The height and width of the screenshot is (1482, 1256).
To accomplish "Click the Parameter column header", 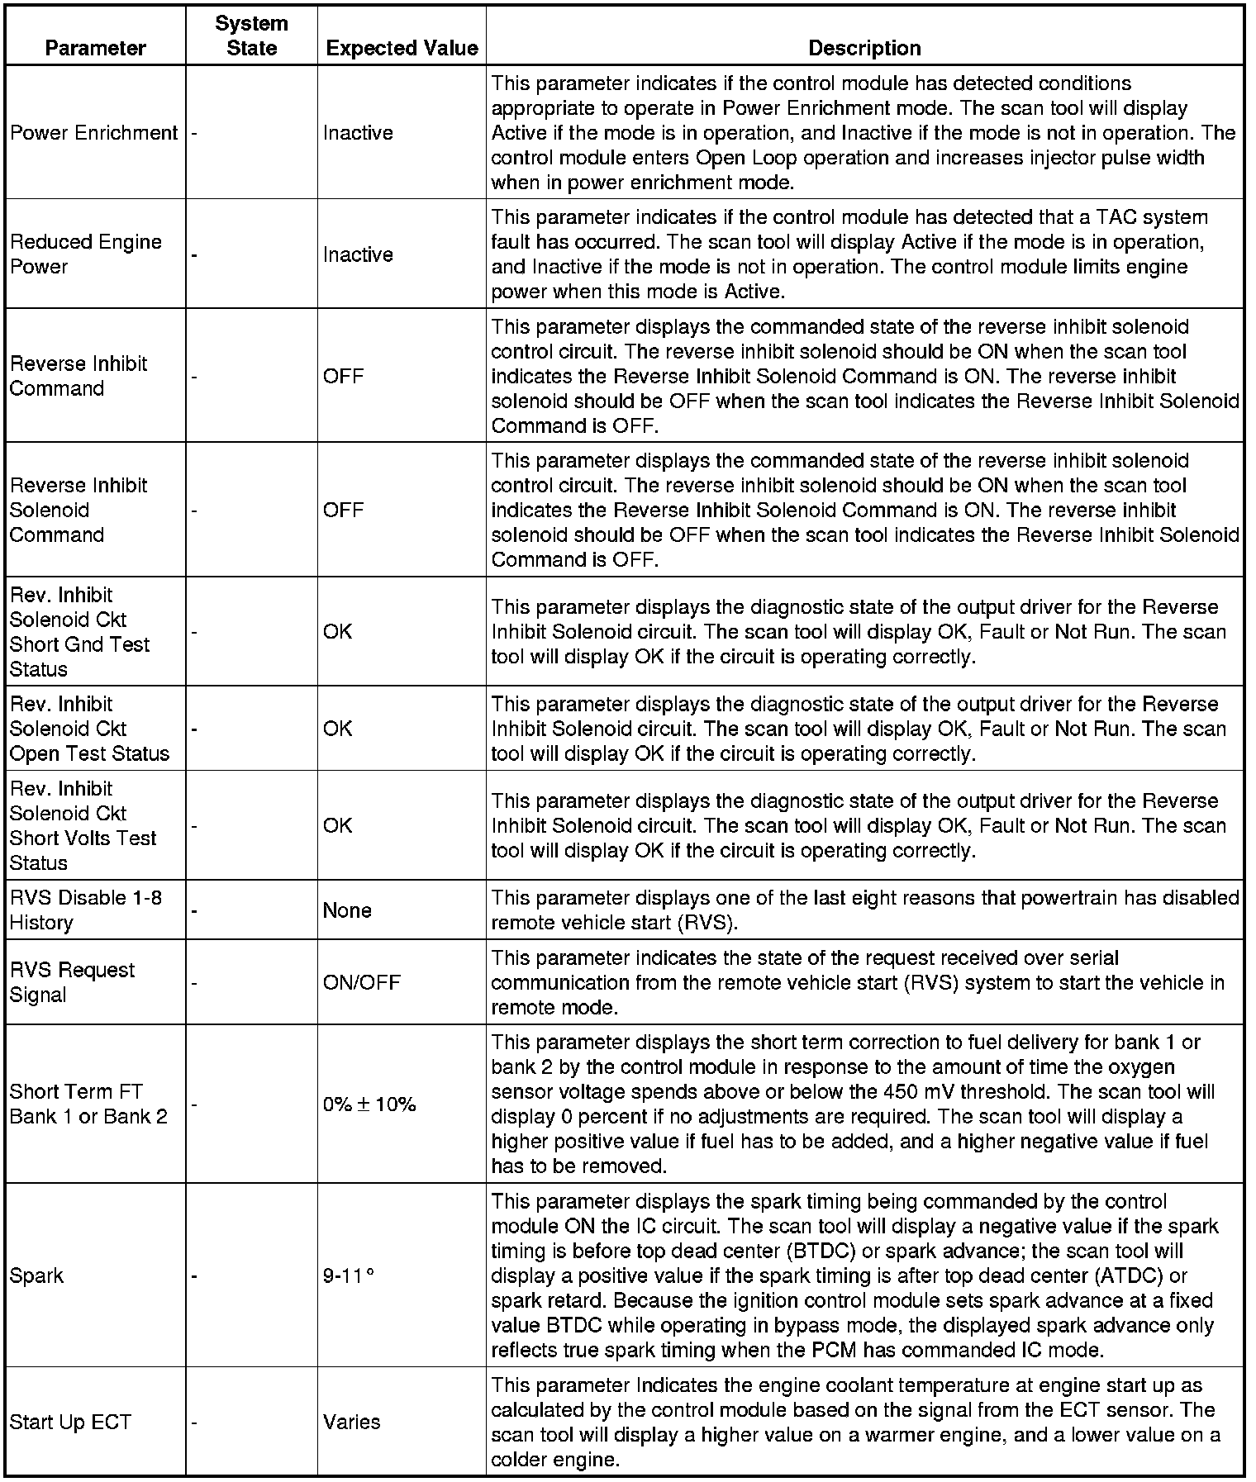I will tap(95, 48).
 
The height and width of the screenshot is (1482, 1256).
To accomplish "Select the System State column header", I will tap(251, 36).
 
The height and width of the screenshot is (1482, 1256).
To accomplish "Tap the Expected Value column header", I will tap(402, 48).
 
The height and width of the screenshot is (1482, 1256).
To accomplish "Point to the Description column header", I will tap(864, 48).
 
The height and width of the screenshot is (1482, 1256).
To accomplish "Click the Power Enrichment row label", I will tap(93, 133).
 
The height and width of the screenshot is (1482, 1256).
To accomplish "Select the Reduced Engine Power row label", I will tap(85, 254).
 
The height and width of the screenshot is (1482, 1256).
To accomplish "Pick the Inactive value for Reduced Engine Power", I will tap(358, 254).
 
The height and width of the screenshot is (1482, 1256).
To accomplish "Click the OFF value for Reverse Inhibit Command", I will tap(343, 377).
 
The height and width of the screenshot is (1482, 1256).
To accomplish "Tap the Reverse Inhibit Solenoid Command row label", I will tap(78, 510).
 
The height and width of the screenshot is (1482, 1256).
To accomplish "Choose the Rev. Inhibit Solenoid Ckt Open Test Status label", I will tap(88, 729).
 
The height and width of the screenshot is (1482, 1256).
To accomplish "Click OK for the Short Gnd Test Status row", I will tap(337, 632).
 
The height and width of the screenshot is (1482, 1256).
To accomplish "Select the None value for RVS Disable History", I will tap(347, 910).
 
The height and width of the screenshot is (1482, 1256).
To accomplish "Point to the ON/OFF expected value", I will tap(361, 982).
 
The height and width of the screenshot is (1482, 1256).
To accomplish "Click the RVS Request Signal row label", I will tap(72, 982).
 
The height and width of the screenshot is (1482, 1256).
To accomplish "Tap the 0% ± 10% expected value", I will tap(369, 1104).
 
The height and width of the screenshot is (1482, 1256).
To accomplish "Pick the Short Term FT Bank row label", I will tap(88, 1104).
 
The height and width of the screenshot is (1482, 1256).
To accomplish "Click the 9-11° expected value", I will tap(349, 1275).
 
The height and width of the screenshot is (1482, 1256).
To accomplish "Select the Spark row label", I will tap(36, 1275).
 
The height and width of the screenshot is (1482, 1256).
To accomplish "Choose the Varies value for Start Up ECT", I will tap(351, 1422).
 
